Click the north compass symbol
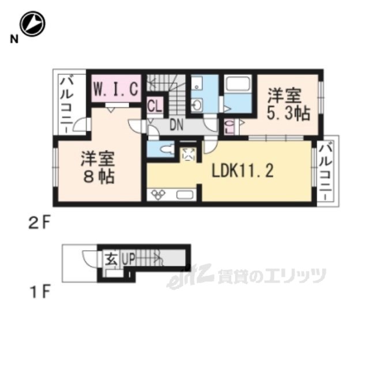[33, 25]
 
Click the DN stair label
[176, 123]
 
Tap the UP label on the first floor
[128, 259]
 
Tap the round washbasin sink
[197, 105]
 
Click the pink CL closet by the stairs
[154, 106]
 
